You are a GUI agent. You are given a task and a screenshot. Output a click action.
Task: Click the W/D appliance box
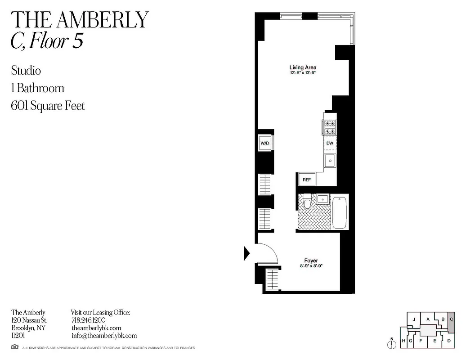(264, 144)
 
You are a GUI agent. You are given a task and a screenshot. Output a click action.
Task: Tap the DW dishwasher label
(330, 143)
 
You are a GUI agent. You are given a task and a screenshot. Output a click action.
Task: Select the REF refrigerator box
(306, 180)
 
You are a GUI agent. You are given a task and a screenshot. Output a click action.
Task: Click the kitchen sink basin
(330, 160)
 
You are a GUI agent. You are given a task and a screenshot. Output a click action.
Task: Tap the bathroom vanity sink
(323, 198)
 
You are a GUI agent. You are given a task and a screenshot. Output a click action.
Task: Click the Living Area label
(303, 67)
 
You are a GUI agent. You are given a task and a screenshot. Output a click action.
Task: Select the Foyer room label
(311, 261)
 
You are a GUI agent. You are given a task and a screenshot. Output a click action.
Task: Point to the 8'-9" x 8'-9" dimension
(311, 266)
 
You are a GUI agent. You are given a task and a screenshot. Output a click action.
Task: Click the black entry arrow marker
(246, 253)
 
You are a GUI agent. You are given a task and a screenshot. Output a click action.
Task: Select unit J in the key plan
(412, 319)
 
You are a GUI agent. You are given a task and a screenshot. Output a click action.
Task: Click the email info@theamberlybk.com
(104, 336)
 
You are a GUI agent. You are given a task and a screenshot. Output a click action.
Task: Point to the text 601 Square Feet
(48, 106)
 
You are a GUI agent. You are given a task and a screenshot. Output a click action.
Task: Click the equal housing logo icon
(14, 347)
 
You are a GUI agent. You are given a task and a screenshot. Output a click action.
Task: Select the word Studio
(26, 71)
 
